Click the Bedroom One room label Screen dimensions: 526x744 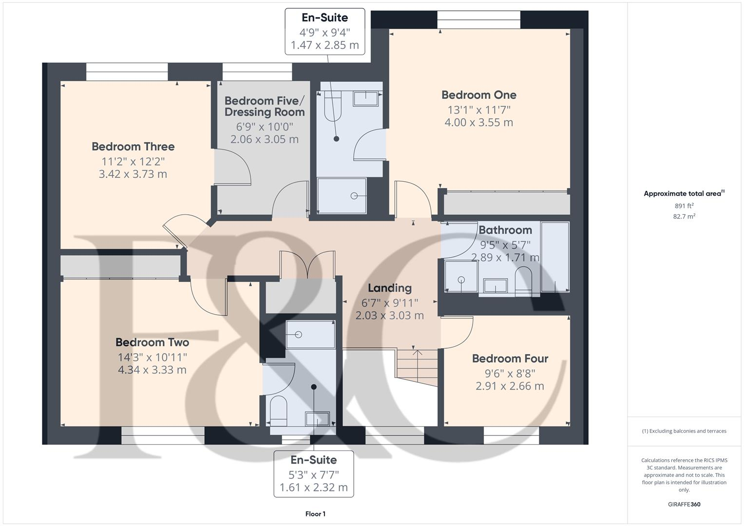478,95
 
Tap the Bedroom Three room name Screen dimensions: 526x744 133,147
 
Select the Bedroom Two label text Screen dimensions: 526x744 152,342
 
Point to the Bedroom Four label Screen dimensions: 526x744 510,359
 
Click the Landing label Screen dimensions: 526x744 389,288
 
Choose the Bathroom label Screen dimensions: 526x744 505,230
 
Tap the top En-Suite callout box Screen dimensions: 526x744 324,32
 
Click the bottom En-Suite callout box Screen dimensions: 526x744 313,473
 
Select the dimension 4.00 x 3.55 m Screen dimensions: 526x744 478,122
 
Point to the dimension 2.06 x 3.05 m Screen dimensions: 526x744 264,139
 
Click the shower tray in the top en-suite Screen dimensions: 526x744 342,196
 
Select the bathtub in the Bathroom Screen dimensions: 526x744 555,257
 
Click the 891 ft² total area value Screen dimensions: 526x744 684,206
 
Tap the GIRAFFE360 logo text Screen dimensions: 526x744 684,504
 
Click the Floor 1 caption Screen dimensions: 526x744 315,514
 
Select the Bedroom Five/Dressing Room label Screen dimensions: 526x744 264,107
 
